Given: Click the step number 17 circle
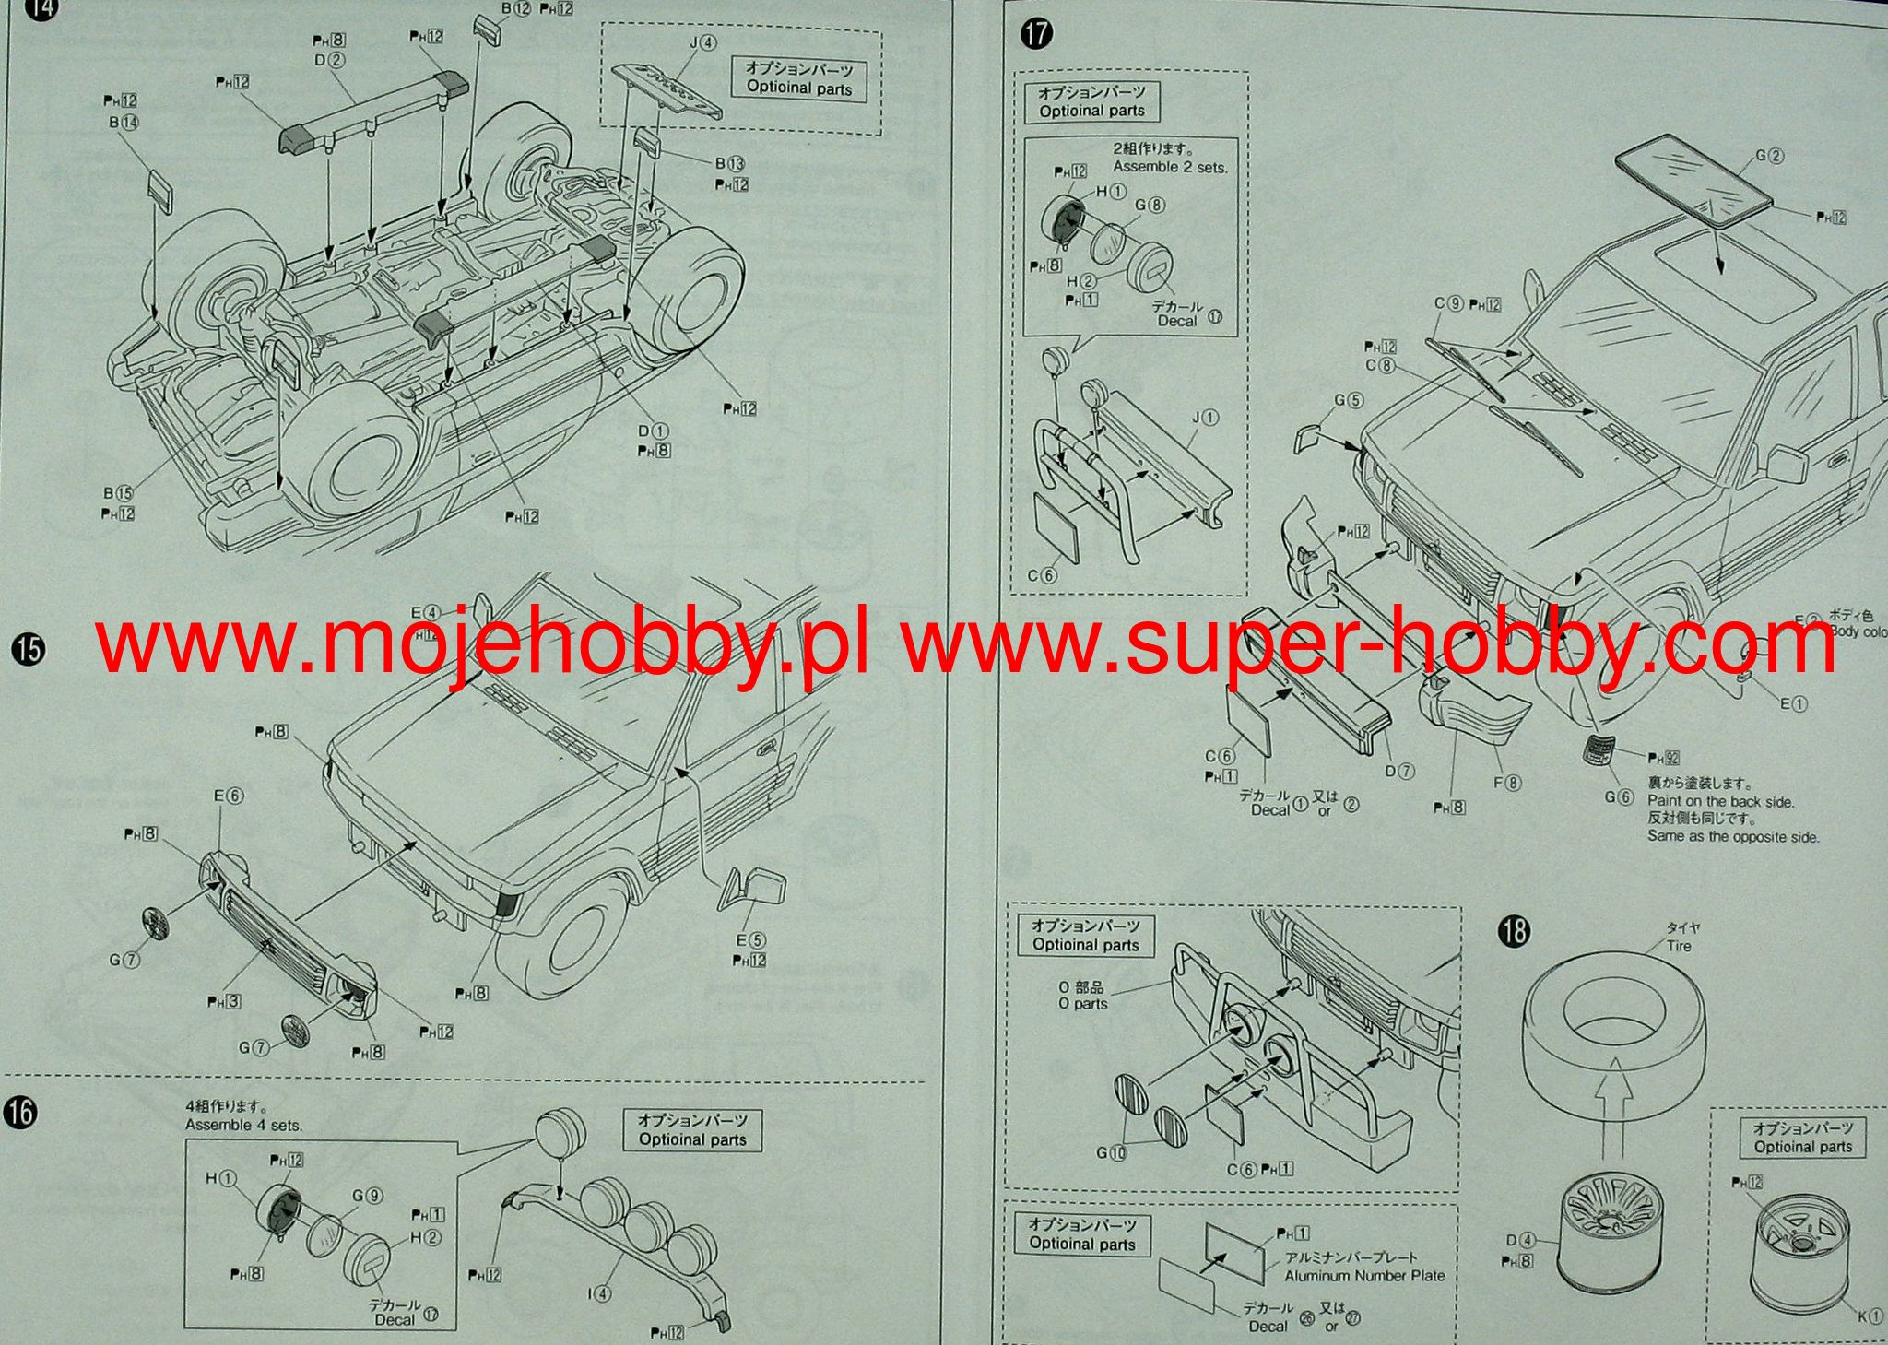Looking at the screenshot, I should (1036, 34).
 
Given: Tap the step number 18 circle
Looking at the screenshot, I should (1514, 931).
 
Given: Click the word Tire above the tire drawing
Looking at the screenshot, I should (1679, 945).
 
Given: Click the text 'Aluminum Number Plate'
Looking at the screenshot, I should (1364, 1276).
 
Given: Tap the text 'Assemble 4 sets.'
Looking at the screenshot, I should (243, 1125).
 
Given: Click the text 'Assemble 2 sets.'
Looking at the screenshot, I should (1170, 167).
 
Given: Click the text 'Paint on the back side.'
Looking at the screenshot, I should (1720, 801).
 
